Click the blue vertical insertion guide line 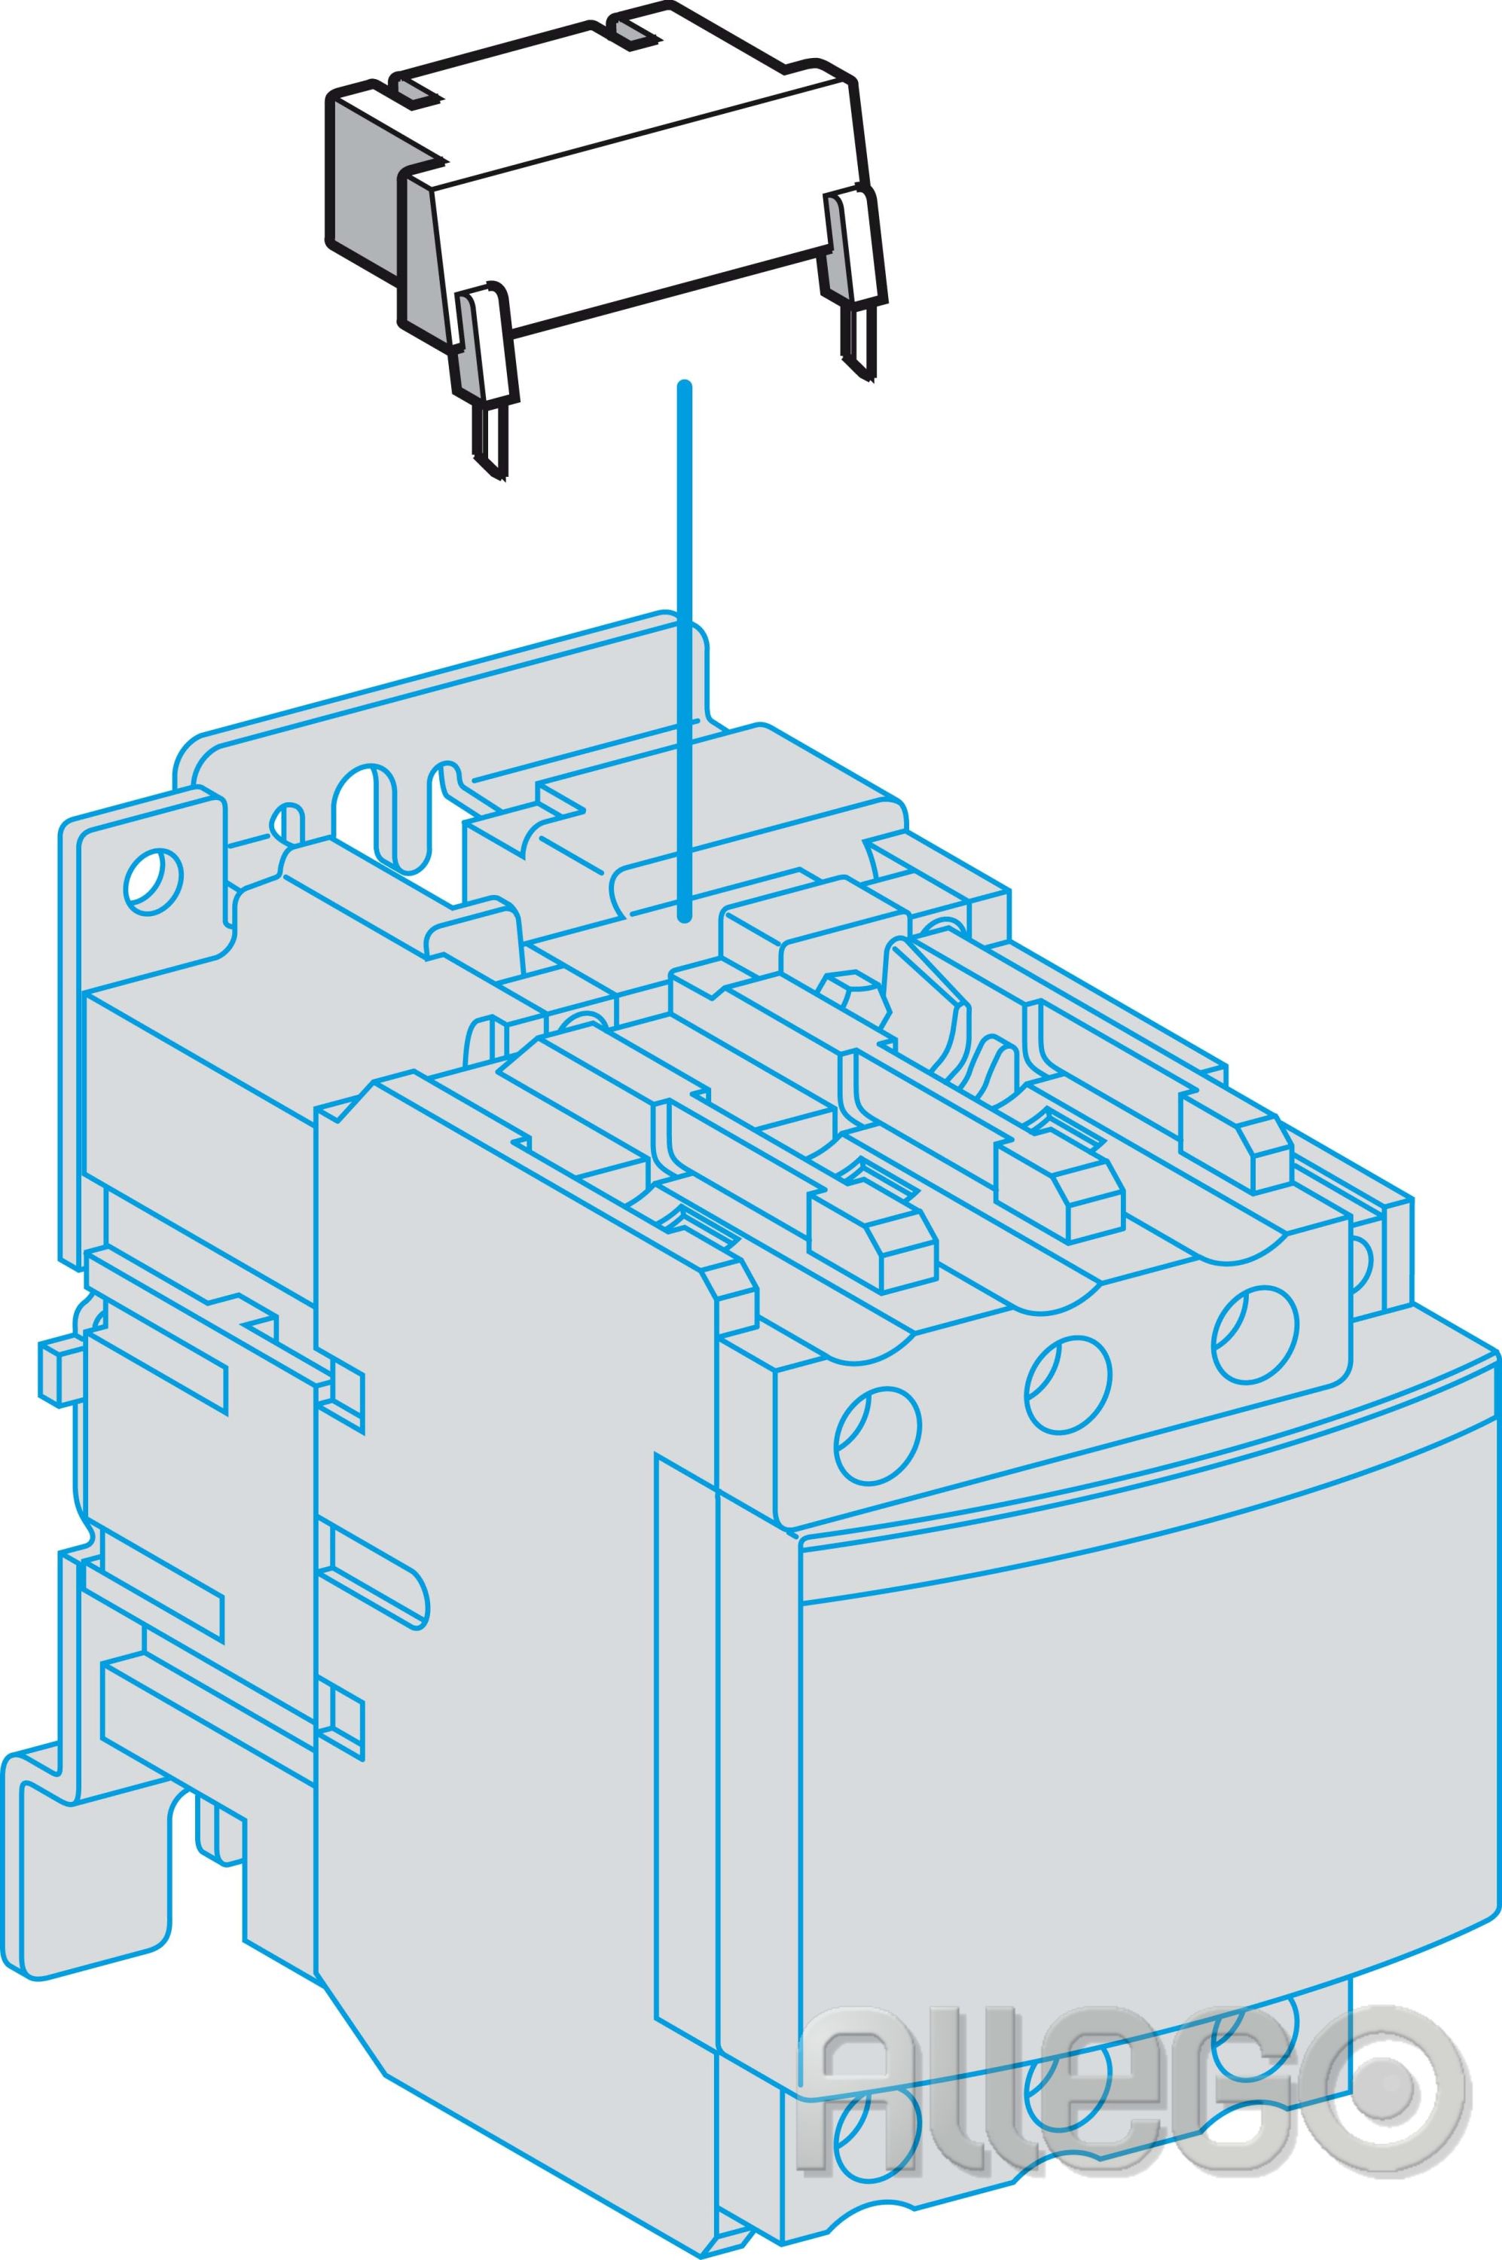click(x=683, y=652)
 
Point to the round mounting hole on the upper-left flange click(x=153, y=882)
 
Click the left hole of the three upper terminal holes click(x=878, y=1437)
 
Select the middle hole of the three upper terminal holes click(x=1068, y=1385)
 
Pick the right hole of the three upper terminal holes click(x=1255, y=1333)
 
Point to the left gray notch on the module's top click(x=419, y=92)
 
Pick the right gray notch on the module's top click(x=634, y=34)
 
